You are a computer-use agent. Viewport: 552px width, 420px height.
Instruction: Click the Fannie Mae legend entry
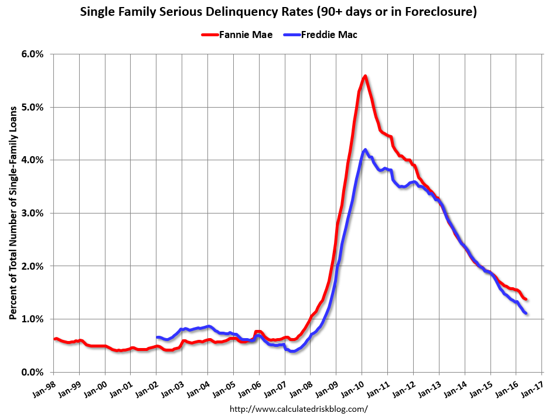[237, 35]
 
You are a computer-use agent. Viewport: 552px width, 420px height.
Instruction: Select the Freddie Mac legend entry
[329, 35]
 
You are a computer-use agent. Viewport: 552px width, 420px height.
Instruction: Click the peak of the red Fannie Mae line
[364, 75]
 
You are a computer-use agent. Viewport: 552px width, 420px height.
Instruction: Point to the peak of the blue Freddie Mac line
[365, 150]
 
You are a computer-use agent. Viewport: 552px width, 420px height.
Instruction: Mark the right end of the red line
[526, 299]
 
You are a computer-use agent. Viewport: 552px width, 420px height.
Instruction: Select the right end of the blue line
[526, 313]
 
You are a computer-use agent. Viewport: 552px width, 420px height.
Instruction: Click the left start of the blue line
[157, 337]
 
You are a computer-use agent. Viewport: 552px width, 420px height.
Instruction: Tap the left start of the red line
[54, 339]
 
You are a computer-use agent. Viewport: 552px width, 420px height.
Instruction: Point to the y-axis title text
[12, 213]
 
